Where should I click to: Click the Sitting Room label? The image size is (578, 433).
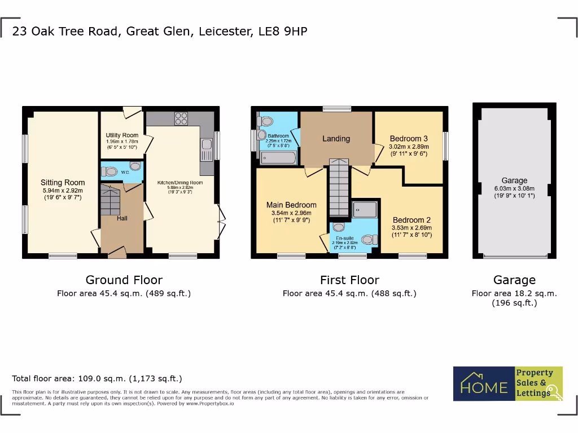63,183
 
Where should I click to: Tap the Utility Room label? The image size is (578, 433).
122,135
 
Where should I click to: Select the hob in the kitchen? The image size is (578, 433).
181,118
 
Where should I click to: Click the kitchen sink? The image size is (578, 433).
205,149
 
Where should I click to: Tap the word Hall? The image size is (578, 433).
122,218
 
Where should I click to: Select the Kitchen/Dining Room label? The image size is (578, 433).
179,183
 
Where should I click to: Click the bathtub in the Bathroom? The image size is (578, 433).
277,158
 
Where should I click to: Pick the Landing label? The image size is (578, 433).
336,139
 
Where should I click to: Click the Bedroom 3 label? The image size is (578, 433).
409,139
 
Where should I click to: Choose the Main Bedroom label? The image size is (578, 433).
291,205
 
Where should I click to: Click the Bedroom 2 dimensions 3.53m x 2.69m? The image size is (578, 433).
411,228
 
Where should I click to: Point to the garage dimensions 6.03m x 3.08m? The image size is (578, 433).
514,189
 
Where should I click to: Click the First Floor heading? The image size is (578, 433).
349,280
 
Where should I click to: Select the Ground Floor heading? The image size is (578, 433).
124,280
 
